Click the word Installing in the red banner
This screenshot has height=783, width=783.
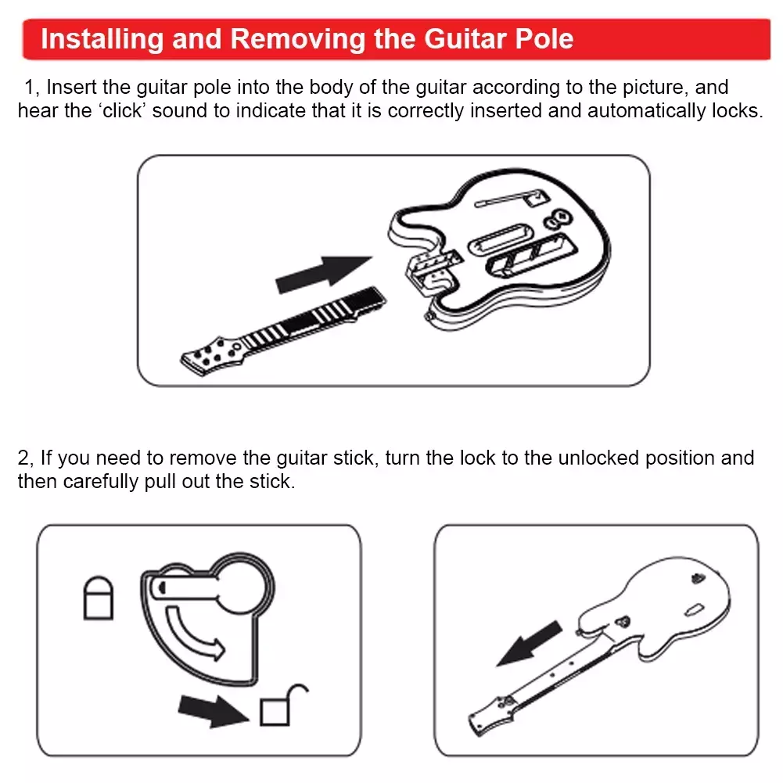click(x=102, y=39)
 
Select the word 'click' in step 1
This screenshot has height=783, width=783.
click(x=122, y=110)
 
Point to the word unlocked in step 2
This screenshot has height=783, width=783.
click(x=598, y=458)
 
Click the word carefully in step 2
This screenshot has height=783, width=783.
click(x=100, y=481)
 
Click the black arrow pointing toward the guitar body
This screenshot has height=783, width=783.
click(x=324, y=274)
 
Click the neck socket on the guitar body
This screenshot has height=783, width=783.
click(x=433, y=271)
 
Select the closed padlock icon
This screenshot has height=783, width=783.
click(x=98, y=598)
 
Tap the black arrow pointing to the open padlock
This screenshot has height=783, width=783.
click(x=214, y=711)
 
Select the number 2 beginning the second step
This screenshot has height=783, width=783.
click(x=23, y=458)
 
